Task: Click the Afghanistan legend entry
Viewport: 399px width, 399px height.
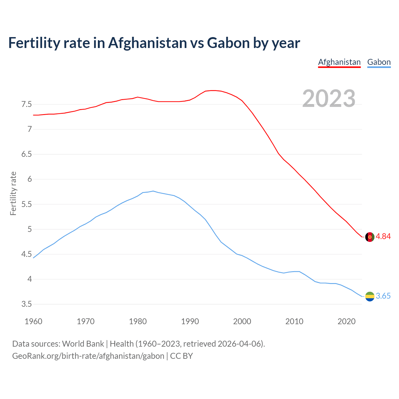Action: pyautogui.click(x=339, y=62)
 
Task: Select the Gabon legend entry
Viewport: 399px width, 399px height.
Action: pyautogui.click(x=379, y=62)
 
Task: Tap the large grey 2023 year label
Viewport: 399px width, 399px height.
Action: pyautogui.click(x=329, y=99)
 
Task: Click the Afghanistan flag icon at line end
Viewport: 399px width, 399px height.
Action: pyautogui.click(x=370, y=237)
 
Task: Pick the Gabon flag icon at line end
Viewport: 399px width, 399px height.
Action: pyautogui.click(x=370, y=296)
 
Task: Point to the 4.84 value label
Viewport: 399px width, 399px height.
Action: pyautogui.click(x=383, y=237)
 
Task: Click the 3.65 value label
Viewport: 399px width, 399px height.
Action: pyautogui.click(x=383, y=296)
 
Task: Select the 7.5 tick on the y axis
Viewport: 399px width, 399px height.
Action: pyautogui.click(x=26, y=104)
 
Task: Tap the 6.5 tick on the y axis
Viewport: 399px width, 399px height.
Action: pyautogui.click(x=26, y=154)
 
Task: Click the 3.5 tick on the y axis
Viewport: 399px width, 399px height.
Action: pyautogui.click(x=26, y=304)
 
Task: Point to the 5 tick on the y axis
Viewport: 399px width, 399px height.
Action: pyautogui.click(x=30, y=229)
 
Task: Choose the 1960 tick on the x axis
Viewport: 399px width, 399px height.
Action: pyautogui.click(x=33, y=321)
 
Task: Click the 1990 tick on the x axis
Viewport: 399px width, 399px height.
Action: pyautogui.click(x=190, y=321)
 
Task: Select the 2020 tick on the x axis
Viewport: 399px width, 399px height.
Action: pyautogui.click(x=346, y=321)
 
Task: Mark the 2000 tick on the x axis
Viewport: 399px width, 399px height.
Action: pyautogui.click(x=242, y=321)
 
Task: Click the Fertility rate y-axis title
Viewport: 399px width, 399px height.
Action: pyautogui.click(x=13, y=193)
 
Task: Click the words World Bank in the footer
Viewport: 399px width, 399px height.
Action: pyautogui.click(x=83, y=344)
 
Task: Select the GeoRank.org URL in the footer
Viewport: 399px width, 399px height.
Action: pyautogui.click(x=88, y=356)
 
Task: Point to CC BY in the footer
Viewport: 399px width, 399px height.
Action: pyautogui.click(x=181, y=356)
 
